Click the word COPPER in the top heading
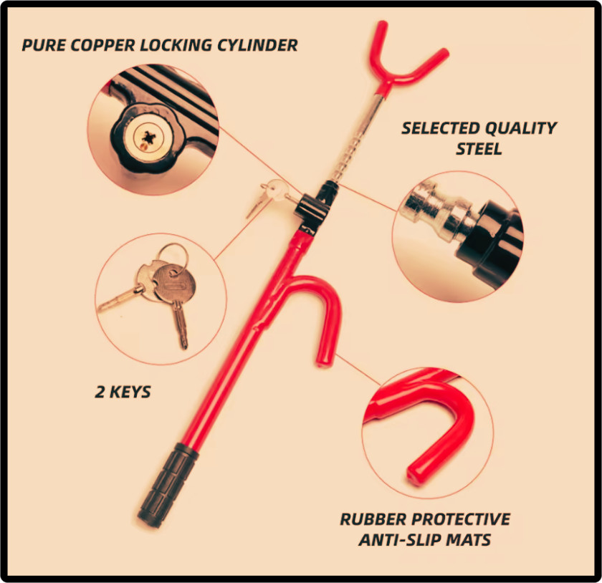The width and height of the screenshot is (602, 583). pos(103,45)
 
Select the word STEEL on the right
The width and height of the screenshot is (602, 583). pos(479,149)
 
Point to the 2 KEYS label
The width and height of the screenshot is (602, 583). pos(123,392)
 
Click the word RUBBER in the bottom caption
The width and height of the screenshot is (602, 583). pos(373,519)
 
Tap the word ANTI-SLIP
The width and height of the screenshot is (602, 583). pos(400,540)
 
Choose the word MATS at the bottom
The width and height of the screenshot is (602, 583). pos(469,540)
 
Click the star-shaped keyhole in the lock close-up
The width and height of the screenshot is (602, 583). pos(148,138)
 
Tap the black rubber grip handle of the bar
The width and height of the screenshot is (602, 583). pos(168,485)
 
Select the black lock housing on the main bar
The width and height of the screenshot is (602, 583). pos(312,211)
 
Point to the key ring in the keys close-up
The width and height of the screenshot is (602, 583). pos(173,257)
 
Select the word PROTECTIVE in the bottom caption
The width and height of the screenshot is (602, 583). pos(461,519)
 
